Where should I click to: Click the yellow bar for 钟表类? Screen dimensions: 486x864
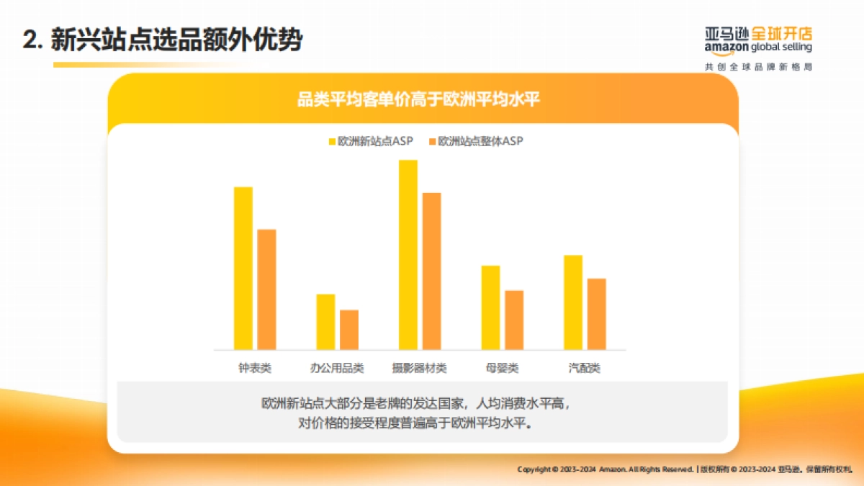[243, 268]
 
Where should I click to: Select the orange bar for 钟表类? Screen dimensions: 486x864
[266, 289]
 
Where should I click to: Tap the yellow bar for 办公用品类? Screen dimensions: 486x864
[325, 322]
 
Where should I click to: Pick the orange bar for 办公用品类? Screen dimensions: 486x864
[349, 330]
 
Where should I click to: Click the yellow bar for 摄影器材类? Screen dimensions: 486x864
[408, 255]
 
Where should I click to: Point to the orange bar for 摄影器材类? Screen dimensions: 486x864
[431, 271]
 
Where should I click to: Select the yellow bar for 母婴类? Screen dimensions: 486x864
[490, 307]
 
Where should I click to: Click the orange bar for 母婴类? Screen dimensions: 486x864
[514, 320]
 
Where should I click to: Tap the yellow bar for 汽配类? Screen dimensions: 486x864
[573, 302]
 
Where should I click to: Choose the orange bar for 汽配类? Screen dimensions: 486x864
[597, 314]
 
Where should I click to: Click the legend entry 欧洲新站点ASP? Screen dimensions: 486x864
[370, 142]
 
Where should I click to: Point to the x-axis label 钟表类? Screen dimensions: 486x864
[255, 368]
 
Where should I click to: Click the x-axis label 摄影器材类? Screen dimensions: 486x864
[419, 368]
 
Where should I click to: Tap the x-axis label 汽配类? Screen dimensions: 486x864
[584, 368]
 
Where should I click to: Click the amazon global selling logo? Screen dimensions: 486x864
[758, 40]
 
